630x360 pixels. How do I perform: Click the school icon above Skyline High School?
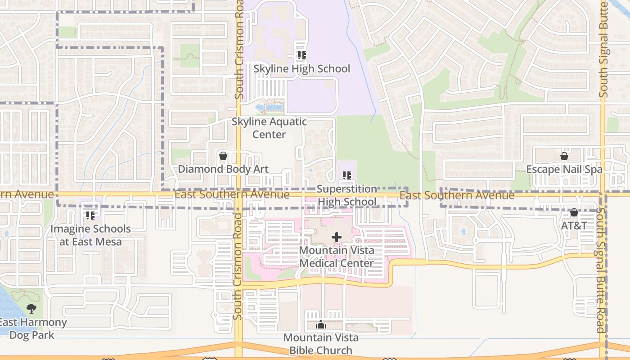301,56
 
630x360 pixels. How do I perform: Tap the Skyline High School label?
301,69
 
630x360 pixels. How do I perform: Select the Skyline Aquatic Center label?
269,128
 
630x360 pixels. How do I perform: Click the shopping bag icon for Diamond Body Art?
223,156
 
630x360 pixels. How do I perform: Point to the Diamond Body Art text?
223,169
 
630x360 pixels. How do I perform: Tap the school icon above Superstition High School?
346,175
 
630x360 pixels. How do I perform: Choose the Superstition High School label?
346,195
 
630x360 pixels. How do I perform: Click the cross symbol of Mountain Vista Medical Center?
337,237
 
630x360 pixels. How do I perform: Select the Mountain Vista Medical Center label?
337,256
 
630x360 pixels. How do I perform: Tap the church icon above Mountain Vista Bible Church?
320,324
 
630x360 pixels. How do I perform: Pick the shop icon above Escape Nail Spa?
564,156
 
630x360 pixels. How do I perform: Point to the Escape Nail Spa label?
564,169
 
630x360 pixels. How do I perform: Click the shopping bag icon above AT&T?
574,212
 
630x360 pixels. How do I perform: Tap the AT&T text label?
574,225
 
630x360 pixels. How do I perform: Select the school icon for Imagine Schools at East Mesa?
90,216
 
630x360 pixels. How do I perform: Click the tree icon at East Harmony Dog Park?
31,309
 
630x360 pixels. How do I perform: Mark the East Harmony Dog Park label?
32,328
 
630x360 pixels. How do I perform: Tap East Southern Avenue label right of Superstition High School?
457,195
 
